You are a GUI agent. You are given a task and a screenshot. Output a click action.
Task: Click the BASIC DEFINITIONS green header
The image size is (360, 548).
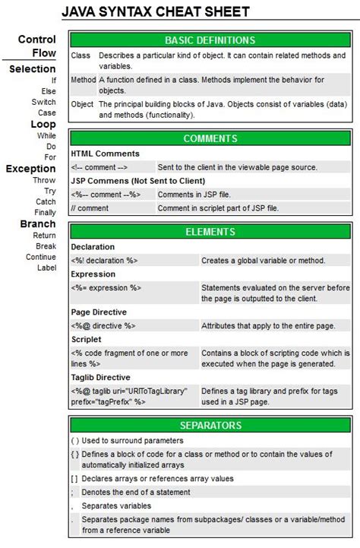210,40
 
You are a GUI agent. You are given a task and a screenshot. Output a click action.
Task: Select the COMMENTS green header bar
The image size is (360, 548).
210,138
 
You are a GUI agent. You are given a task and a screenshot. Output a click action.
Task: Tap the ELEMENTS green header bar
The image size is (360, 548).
210,232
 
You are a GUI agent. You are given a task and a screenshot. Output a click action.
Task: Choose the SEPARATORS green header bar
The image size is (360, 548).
210,425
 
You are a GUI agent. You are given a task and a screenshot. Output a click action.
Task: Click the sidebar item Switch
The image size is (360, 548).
44,102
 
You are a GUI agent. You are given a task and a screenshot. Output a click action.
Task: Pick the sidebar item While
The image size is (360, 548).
46,135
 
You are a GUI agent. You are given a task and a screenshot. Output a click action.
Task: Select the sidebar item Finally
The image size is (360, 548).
45,213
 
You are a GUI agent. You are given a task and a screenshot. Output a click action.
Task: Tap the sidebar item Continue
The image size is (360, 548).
41,257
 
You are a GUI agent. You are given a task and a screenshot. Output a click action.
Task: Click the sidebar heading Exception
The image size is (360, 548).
31,169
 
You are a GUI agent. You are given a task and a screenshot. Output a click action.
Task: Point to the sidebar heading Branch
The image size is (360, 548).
38,224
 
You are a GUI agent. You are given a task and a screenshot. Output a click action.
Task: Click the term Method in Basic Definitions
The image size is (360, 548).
83,80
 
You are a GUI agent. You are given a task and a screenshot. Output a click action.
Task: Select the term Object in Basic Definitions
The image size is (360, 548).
82,104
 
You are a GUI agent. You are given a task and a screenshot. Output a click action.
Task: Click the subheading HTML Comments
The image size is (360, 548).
106,154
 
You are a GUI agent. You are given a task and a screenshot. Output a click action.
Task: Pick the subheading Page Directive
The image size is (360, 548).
99,312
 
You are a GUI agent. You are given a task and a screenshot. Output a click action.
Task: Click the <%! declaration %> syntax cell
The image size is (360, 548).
105,260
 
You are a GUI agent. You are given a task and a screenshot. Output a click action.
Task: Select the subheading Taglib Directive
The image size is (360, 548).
100,377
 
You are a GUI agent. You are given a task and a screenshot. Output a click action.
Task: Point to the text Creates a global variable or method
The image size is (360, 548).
263,260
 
